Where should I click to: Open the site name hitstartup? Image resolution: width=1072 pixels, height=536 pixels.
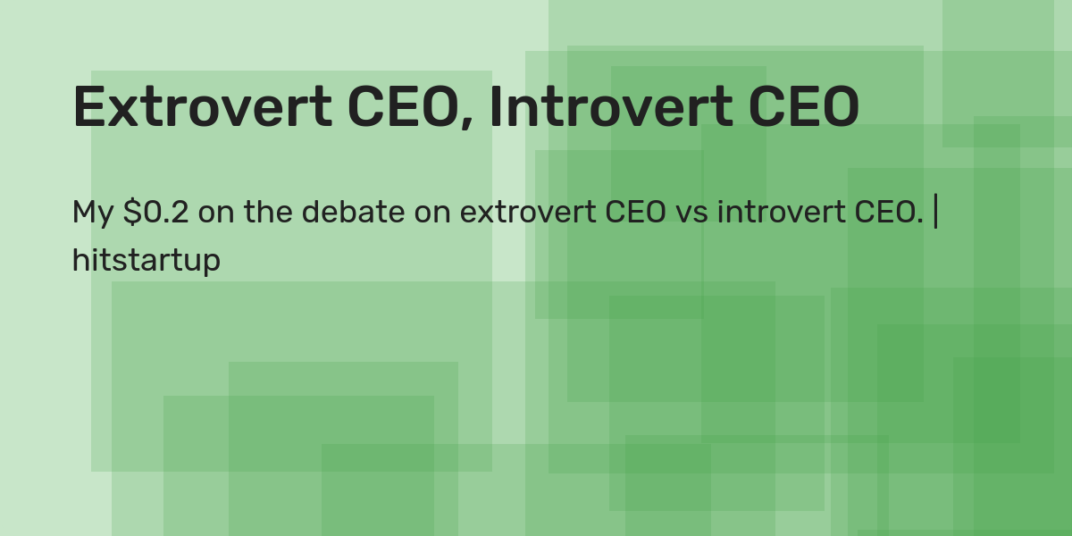click(146, 261)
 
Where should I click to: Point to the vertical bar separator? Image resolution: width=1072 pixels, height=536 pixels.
click(935, 213)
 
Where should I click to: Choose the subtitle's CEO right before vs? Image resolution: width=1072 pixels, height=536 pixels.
click(635, 213)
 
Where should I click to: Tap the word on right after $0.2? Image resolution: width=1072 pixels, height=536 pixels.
click(214, 214)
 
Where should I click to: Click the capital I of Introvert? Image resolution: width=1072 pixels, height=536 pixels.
click(496, 107)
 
